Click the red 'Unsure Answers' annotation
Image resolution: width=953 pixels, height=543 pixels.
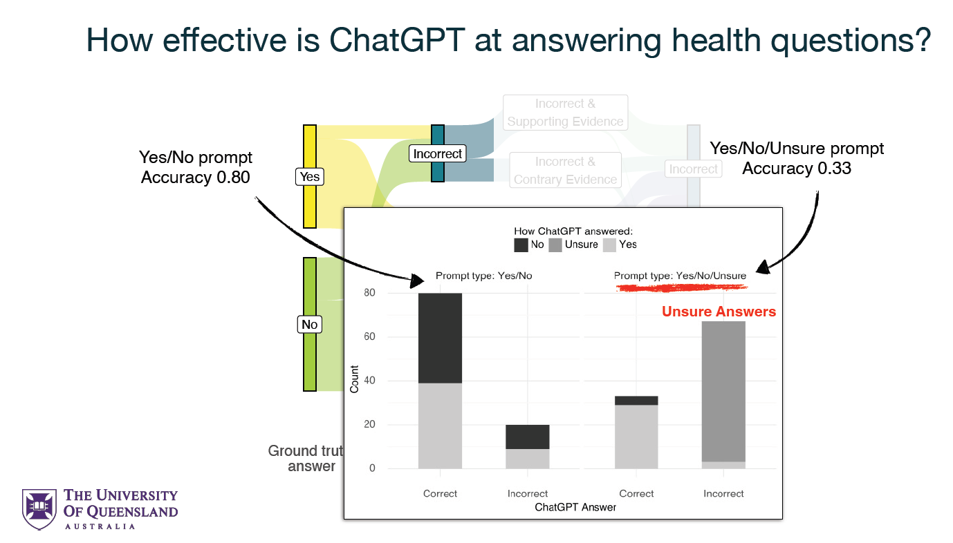tap(719, 312)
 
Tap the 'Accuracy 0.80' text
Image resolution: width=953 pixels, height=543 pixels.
tap(195, 178)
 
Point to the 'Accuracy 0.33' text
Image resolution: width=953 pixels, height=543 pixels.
tap(797, 168)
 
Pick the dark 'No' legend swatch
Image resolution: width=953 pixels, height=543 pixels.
tap(521, 245)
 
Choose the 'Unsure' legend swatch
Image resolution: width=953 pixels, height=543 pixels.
tap(555, 245)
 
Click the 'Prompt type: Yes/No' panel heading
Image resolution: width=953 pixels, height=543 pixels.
tap(483, 276)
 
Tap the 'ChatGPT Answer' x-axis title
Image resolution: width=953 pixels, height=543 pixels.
tap(575, 507)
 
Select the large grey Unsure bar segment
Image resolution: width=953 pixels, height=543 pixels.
tap(723, 390)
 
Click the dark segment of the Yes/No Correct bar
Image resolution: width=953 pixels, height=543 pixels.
tap(440, 338)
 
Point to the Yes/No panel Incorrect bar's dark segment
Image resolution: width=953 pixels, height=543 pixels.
tap(527, 437)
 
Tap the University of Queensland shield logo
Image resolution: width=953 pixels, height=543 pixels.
tap(39, 509)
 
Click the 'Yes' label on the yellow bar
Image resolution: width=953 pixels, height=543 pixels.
tap(309, 177)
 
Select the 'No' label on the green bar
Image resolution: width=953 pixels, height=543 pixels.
tap(309, 325)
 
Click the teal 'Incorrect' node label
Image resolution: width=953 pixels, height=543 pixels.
tap(437, 153)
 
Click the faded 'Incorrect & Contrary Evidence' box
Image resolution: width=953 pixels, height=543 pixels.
tap(565, 171)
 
